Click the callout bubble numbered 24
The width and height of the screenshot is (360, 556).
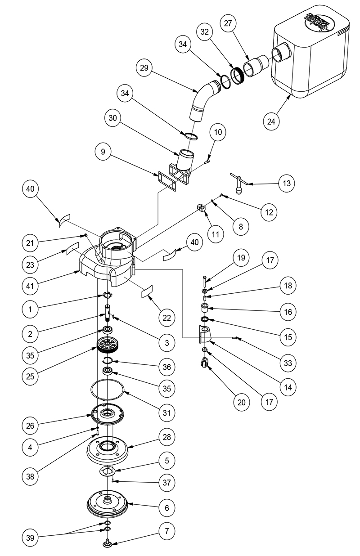(x=273, y=121)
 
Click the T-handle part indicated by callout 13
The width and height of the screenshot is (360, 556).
(x=237, y=184)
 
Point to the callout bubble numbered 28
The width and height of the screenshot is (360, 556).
(x=167, y=437)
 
